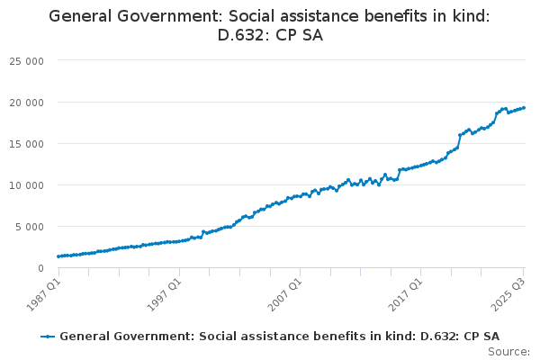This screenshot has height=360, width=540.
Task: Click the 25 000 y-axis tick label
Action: [33, 60]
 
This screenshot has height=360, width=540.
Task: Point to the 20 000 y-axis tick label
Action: [33, 102]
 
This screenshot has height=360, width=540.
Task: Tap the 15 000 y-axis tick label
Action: [33, 143]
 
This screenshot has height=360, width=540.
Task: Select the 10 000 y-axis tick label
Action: [33, 184]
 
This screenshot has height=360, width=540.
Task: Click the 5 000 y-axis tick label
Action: [36, 226]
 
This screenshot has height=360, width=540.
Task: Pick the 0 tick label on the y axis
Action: [41, 268]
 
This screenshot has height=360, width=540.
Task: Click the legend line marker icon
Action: [49, 336]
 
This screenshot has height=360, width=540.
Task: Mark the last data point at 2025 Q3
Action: [525, 108]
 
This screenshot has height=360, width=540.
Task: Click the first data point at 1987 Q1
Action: [58, 256]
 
